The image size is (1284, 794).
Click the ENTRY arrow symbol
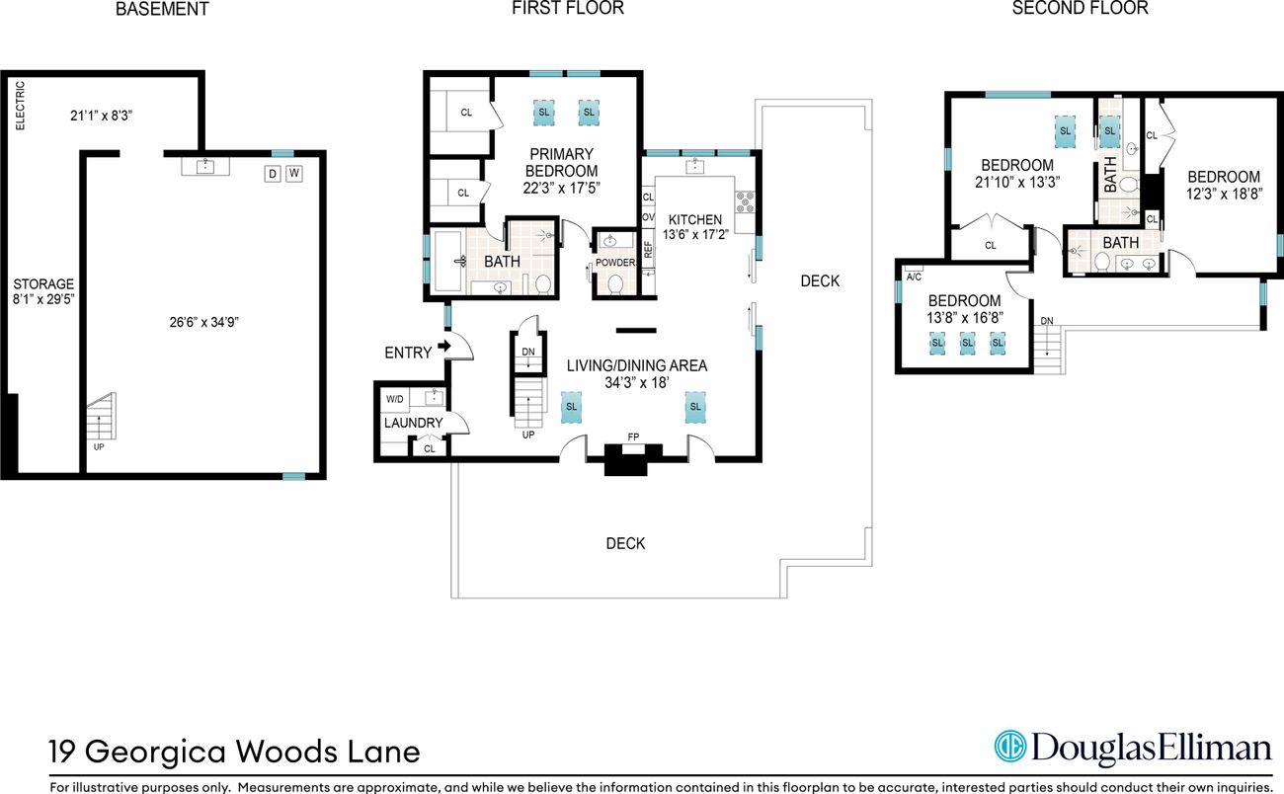pyautogui.click(x=444, y=346)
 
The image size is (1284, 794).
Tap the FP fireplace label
pyautogui.click(x=633, y=437)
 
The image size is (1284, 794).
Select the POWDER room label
pyautogui.click(x=615, y=263)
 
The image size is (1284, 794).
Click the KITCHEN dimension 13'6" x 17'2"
pyautogui.click(x=695, y=234)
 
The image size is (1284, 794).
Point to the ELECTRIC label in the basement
pyautogui.click(x=20, y=106)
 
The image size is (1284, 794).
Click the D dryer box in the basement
pyautogui.click(x=273, y=174)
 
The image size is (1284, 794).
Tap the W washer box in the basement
pyautogui.click(x=294, y=173)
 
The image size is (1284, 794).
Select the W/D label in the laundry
pyautogui.click(x=394, y=399)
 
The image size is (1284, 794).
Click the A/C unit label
pyautogui.click(x=914, y=277)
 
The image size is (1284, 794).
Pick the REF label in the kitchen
pyautogui.click(x=648, y=250)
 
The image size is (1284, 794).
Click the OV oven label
pyautogui.click(x=648, y=217)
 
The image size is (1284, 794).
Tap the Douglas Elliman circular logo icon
pyautogui.click(x=1010, y=747)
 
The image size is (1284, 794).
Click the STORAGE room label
pyautogui.click(x=43, y=283)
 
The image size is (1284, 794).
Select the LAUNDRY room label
pyautogui.click(x=413, y=423)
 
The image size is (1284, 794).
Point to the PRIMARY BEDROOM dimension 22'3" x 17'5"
pyautogui.click(x=561, y=188)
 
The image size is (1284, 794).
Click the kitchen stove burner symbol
pyautogui.click(x=745, y=202)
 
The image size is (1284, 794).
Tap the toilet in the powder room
pyautogui.click(x=615, y=284)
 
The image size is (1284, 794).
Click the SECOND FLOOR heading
pyautogui.click(x=1080, y=8)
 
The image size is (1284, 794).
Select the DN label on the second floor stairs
pyautogui.click(x=1047, y=321)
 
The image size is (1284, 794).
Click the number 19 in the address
pyautogui.click(x=62, y=753)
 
